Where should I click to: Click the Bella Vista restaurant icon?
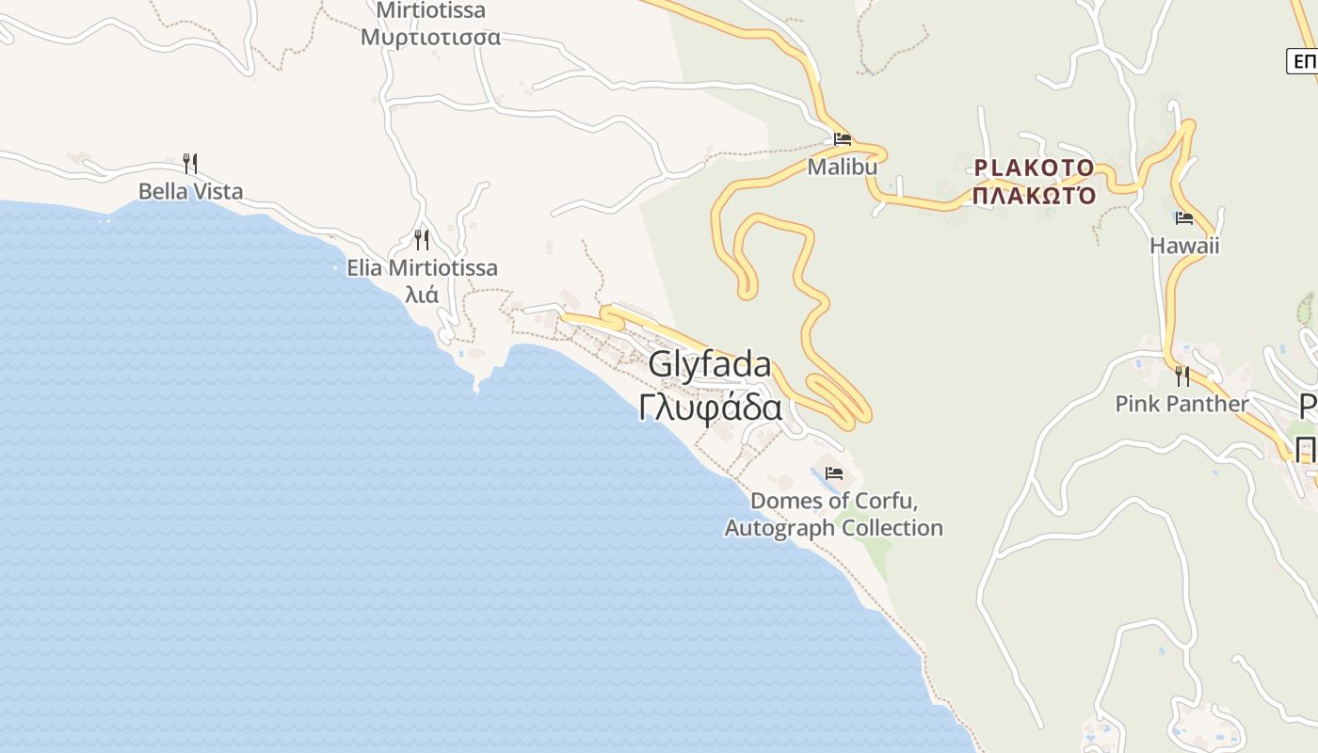tap(190, 164)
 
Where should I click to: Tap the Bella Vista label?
tap(190, 192)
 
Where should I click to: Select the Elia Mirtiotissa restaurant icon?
tap(422, 240)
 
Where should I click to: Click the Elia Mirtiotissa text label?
tap(422, 268)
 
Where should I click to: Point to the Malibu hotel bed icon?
tap(843, 139)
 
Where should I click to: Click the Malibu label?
tap(843, 167)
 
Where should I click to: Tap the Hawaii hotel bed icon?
tap(1184, 218)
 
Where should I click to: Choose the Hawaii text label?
tap(1184, 246)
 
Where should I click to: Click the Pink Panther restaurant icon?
tap(1181, 376)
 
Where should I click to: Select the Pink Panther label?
tap(1181, 404)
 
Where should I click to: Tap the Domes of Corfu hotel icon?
tap(834, 473)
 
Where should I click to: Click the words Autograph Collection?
tap(833, 528)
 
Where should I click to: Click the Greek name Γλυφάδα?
tap(710, 409)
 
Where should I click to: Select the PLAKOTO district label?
tap(1034, 168)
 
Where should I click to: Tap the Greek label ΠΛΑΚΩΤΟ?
tap(1034, 196)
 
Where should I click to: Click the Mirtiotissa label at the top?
tap(430, 11)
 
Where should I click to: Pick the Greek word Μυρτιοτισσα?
tap(430, 38)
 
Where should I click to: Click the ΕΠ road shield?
tap(1304, 62)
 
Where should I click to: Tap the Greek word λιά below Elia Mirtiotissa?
tap(421, 294)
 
